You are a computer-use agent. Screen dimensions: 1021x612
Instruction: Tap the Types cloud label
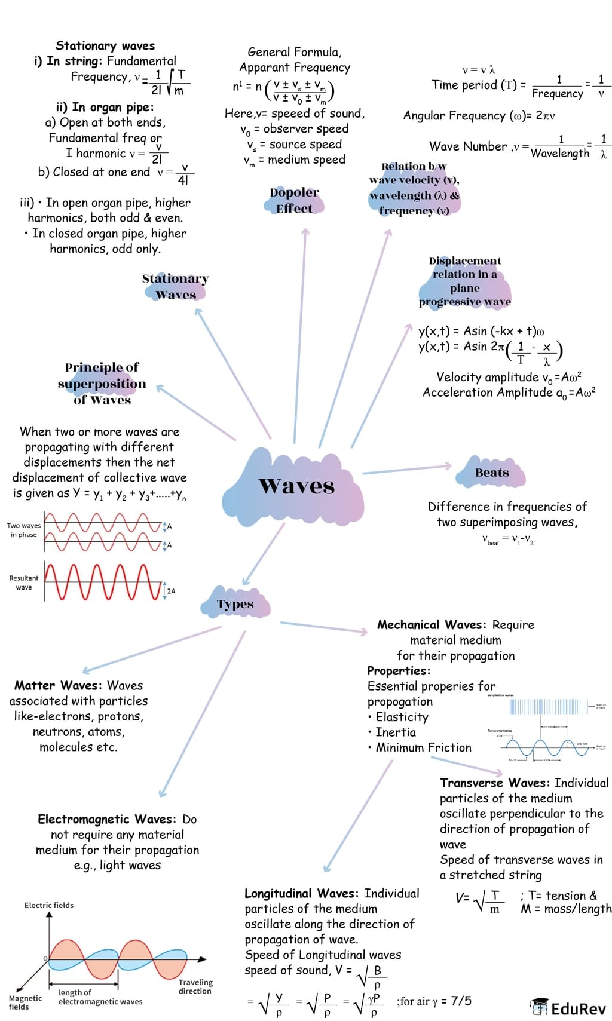click(x=235, y=604)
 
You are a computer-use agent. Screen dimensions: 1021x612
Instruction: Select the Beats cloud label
click(x=492, y=473)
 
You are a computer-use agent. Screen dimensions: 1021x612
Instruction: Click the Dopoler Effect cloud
click(x=294, y=200)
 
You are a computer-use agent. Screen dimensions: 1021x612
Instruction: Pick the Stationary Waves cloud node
click(x=175, y=286)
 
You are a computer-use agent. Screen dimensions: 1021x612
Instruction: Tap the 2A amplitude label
click(x=171, y=591)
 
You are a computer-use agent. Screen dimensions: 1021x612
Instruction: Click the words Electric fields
click(x=49, y=905)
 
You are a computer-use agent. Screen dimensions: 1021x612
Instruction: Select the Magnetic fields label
click(x=25, y=1002)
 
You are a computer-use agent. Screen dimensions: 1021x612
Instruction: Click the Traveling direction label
click(x=195, y=986)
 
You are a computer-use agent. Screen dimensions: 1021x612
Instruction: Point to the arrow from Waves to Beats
click(x=406, y=469)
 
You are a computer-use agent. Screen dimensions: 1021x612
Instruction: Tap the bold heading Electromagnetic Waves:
click(x=107, y=819)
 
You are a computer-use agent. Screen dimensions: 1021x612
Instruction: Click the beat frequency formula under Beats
click(x=507, y=539)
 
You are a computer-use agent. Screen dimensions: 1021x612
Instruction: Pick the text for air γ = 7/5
click(x=434, y=1001)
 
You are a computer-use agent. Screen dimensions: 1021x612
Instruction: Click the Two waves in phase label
click(x=24, y=530)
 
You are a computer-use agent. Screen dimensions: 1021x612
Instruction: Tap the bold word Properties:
click(x=399, y=670)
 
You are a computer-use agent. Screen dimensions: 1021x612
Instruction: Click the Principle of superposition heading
click(x=102, y=384)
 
